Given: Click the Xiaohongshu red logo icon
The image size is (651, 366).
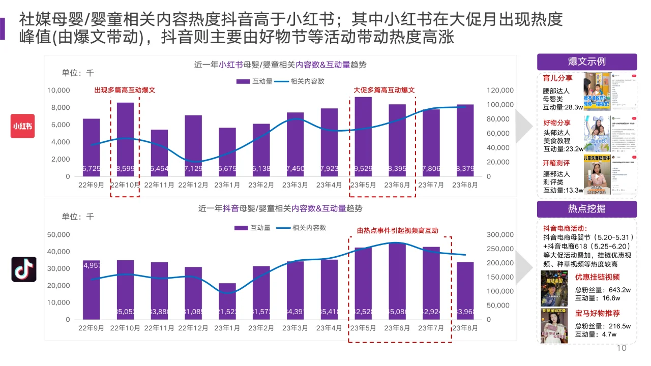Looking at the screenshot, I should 23,126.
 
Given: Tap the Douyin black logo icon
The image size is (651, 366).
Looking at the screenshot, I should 24,269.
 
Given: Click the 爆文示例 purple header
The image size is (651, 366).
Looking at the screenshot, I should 586,62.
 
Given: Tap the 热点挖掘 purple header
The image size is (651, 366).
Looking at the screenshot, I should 586,209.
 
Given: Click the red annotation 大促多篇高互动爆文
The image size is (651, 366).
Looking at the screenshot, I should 384,90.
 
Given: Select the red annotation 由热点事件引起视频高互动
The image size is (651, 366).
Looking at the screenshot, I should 397,230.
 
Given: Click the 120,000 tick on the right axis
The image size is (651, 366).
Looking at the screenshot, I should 500,90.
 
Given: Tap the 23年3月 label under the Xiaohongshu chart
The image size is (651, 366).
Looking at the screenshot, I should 295,185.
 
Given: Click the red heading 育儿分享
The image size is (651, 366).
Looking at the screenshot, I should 557,78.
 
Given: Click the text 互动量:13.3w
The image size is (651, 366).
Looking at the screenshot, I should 564,190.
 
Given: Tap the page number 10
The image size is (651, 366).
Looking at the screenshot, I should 621,348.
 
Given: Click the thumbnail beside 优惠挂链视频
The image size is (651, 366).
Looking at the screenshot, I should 554,288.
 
